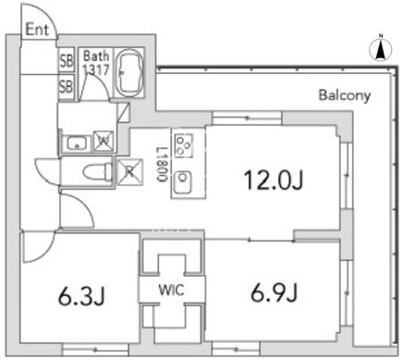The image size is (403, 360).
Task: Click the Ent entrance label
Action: click(37, 30)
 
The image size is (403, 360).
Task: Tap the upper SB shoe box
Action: click(67, 60)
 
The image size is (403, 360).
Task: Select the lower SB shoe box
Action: click(67, 86)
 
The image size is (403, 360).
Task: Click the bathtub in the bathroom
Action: click(129, 73)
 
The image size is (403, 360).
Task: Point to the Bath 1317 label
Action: click(96, 63)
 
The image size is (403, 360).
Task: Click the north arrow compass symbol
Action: click(381, 49)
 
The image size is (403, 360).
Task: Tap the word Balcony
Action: click(345, 95)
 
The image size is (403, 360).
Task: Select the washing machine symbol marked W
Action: click(104, 142)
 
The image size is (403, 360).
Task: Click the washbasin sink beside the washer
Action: click(77, 143)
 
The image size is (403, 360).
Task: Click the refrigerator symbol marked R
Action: click(130, 172)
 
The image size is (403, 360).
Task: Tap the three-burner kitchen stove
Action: click(184, 145)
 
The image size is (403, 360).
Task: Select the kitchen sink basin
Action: click(182, 182)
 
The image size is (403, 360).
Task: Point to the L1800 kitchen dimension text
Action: click(163, 165)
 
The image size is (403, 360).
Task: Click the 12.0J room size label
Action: click(274, 180)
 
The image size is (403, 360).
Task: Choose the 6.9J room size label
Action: click(274, 293)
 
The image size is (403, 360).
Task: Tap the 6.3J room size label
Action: click(81, 297)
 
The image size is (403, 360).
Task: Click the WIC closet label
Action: click(171, 290)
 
